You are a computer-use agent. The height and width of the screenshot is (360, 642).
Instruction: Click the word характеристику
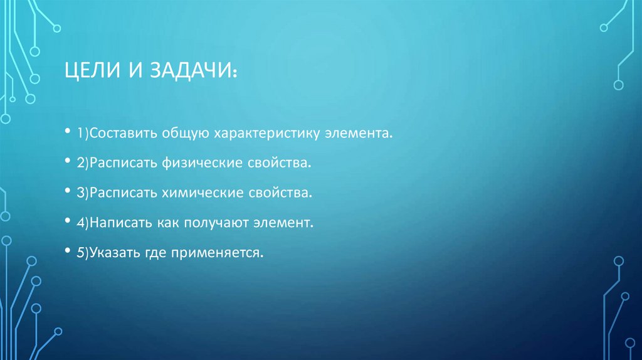pyautogui.click(x=268, y=134)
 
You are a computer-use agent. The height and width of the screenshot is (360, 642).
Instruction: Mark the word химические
pyautogui.click(x=200, y=193)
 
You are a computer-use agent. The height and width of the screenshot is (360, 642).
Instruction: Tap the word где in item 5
pyautogui.click(x=156, y=252)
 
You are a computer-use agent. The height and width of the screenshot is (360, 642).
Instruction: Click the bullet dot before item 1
pyautogui.click(x=67, y=133)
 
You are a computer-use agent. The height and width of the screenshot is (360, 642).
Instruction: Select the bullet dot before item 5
pyautogui.click(x=67, y=251)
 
